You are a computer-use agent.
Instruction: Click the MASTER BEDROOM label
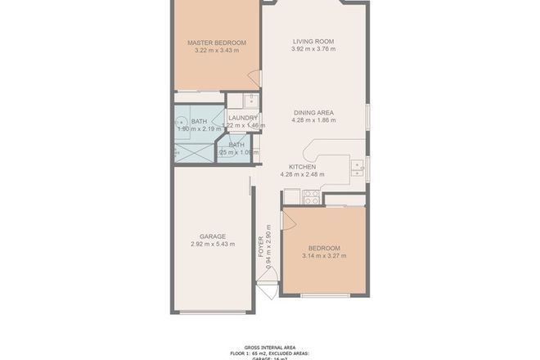tap(216, 43)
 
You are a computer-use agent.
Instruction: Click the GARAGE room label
tap(213, 236)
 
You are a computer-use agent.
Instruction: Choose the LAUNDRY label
tap(243, 118)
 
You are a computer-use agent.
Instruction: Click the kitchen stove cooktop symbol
tap(311, 196)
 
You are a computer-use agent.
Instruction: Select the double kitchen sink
tap(358, 168)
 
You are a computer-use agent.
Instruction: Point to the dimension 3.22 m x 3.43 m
tap(216, 51)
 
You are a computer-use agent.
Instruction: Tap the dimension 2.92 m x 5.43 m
tap(213, 245)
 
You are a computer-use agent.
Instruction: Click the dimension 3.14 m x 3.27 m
tap(324, 256)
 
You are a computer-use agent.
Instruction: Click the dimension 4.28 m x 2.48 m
tap(302, 173)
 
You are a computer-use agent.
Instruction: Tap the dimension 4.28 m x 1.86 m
tap(314, 120)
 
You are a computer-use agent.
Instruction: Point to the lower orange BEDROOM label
tap(324, 248)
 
